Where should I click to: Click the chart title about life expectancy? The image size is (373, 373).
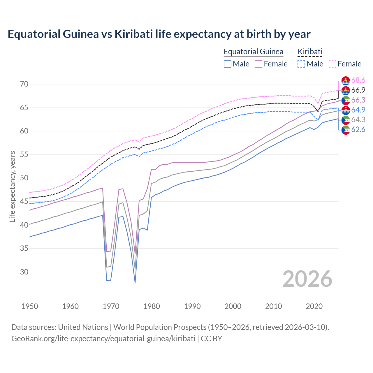(x=159, y=34)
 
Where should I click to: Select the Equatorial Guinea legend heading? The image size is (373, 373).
(x=253, y=52)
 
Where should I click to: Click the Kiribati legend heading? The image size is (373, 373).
(x=310, y=52)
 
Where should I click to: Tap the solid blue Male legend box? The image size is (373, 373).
(x=228, y=64)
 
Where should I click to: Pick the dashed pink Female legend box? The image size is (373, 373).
(x=332, y=64)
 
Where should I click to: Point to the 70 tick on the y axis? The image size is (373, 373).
(x=24, y=84)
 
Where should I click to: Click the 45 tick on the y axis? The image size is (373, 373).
(x=24, y=202)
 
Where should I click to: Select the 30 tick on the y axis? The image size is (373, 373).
(x=24, y=272)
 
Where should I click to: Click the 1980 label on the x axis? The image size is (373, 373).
(x=152, y=306)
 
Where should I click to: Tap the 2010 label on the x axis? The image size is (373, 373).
(x=273, y=306)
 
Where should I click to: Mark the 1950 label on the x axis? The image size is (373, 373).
(x=30, y=306)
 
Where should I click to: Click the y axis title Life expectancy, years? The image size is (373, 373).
(x=12, y=186)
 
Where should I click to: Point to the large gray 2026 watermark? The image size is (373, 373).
(x=307, y=279)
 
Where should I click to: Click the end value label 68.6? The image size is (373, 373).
(x=358, y=80)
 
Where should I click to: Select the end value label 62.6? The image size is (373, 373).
(x=358, y=129)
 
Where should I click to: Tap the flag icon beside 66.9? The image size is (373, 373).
(x=346, y=90)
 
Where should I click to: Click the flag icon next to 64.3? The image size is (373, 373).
(x=346, y=120)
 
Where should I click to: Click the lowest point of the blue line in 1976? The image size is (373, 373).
(x=135, y=282)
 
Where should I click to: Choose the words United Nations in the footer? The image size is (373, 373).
(x=83, y=327)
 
